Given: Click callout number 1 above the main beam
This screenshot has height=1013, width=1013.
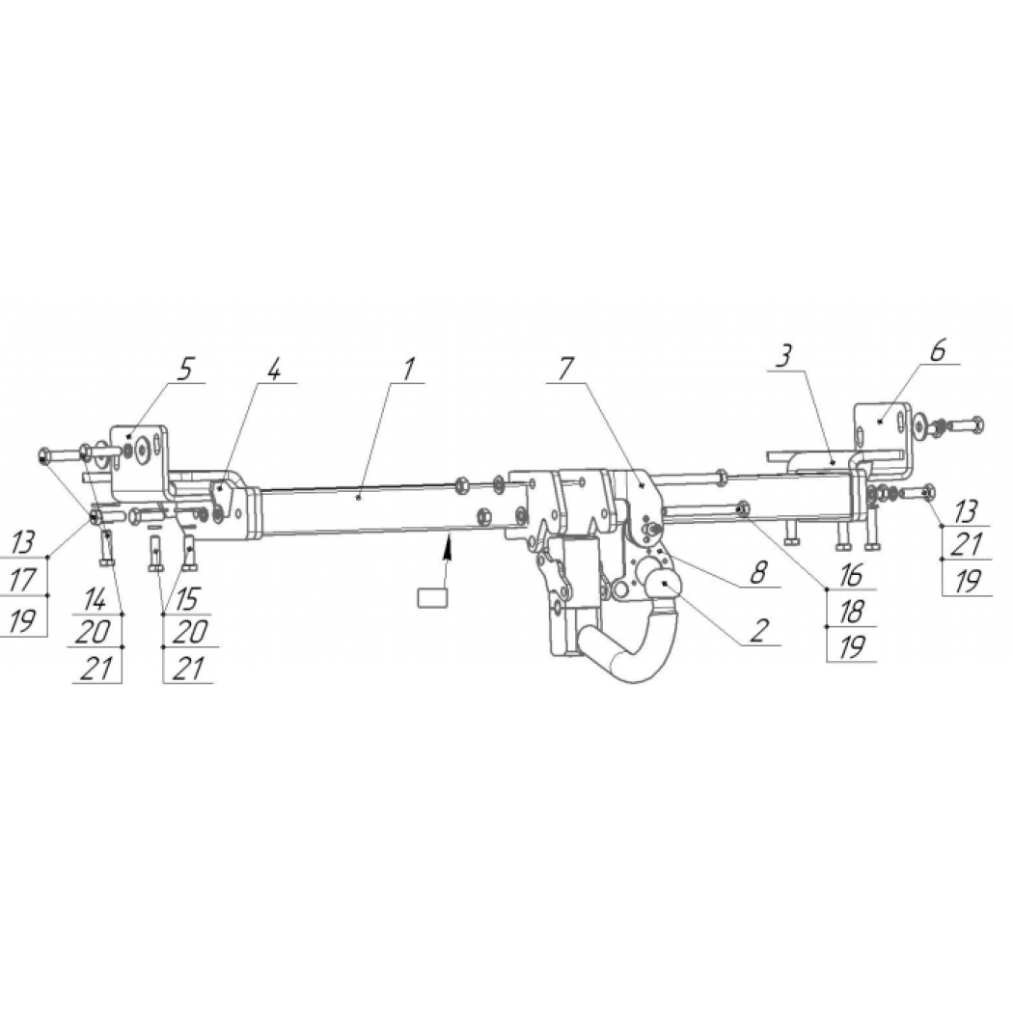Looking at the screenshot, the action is [408, 369].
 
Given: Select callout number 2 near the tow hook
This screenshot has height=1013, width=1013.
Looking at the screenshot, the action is [760, 630].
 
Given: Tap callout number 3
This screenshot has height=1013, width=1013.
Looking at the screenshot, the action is [784, 356].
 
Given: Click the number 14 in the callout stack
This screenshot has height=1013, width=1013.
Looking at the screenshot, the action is [95, 600].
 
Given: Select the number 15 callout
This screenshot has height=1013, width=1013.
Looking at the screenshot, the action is [187, 600].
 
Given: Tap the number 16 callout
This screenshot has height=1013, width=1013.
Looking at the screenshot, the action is [852, 575].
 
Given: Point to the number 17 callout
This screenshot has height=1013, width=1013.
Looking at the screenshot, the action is [23, 579].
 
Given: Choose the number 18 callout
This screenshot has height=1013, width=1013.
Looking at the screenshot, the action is [852, 611].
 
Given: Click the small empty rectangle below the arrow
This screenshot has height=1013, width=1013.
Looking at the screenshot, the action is [432, 597].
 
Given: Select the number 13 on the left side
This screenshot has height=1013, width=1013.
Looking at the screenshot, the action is [23, 542].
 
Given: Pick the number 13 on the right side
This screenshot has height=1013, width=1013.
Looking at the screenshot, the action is [967, 512].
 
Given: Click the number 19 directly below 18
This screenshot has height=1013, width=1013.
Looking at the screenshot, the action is [852, 647].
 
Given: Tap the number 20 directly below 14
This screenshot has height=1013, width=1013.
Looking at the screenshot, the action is [93, 632].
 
